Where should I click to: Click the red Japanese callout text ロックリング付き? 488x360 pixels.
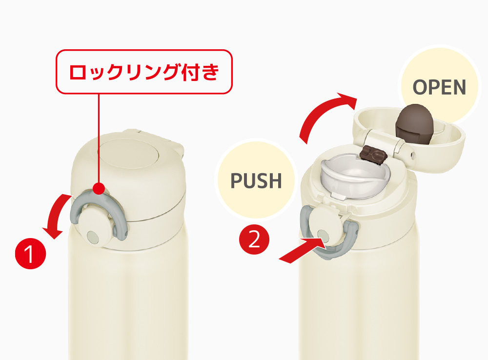[144, 72]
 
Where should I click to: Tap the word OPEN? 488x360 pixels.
[439, 87]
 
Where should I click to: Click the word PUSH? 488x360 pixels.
[256, 180]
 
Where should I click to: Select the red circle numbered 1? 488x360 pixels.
[30, 254]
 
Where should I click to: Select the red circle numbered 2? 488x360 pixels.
[254, 240]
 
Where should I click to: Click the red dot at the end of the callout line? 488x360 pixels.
[99, 188]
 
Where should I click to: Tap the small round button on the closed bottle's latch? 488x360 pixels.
[93, 237]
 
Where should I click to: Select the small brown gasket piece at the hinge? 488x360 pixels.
[373, 154]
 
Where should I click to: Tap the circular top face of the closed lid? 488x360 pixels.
[128, 153]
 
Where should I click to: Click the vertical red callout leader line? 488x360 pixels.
[99, 138]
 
